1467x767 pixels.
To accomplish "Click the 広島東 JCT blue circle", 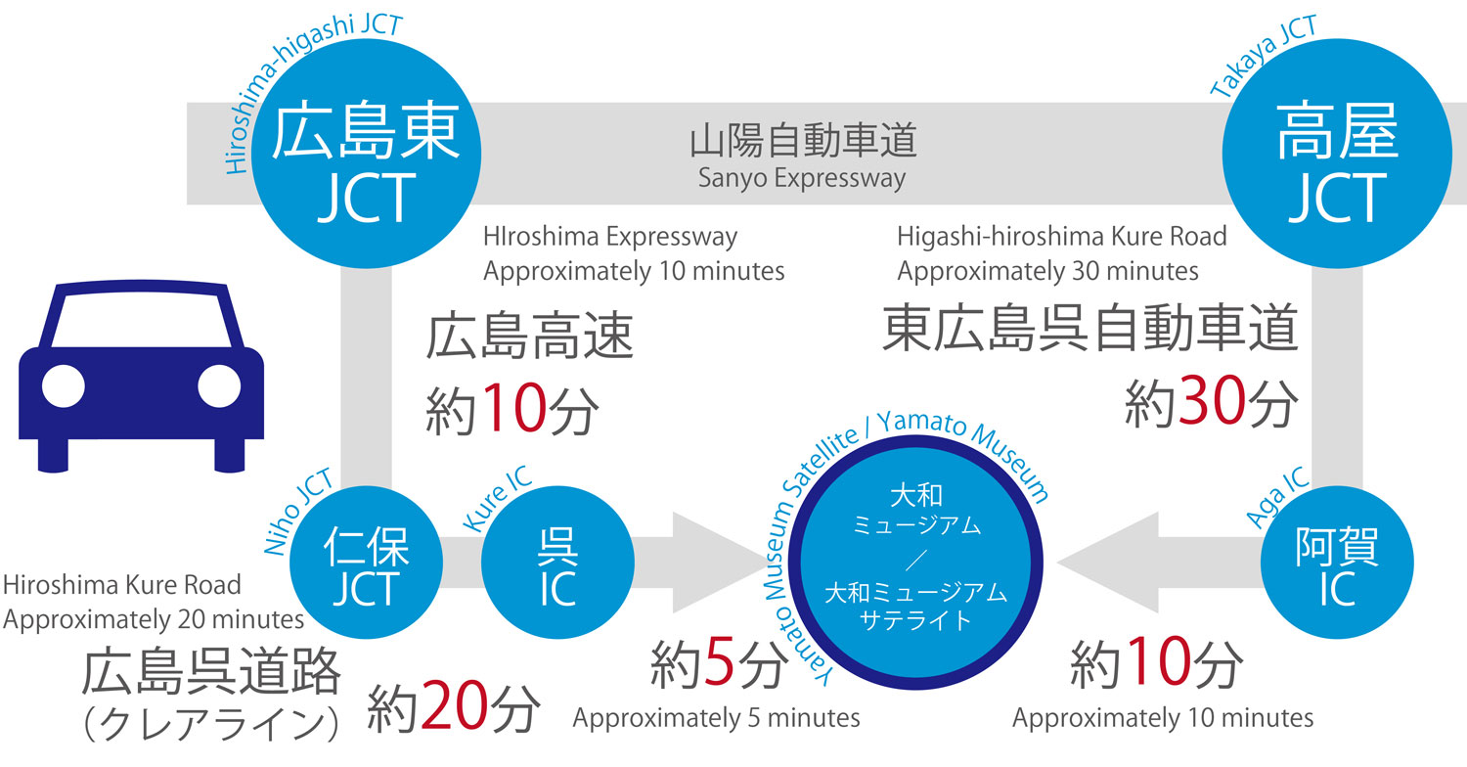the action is coord(366,154).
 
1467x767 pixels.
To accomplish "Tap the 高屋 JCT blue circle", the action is coord(1337,154).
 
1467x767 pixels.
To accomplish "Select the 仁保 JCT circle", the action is coord(366,562).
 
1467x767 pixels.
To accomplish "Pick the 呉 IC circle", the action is coord(558,562).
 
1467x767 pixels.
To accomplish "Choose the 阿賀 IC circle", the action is coord(1337,562).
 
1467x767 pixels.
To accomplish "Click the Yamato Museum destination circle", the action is coord(915,562).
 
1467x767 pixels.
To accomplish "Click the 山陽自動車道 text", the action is coord(803,140).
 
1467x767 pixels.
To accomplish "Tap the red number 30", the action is coord(1212,400).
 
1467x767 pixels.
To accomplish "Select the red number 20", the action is coord(454,705).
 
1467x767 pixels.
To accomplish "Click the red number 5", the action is coord(719,663).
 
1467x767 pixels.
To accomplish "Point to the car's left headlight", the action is coord(64,385).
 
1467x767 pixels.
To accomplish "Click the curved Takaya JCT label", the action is coord(1264,57).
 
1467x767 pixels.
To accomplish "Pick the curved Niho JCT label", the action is coord(299,512).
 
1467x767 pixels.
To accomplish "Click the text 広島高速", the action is coord(529,336).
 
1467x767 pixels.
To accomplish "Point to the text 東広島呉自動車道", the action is coord(1089,328).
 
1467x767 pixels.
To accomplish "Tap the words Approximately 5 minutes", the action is coord(717,718).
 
